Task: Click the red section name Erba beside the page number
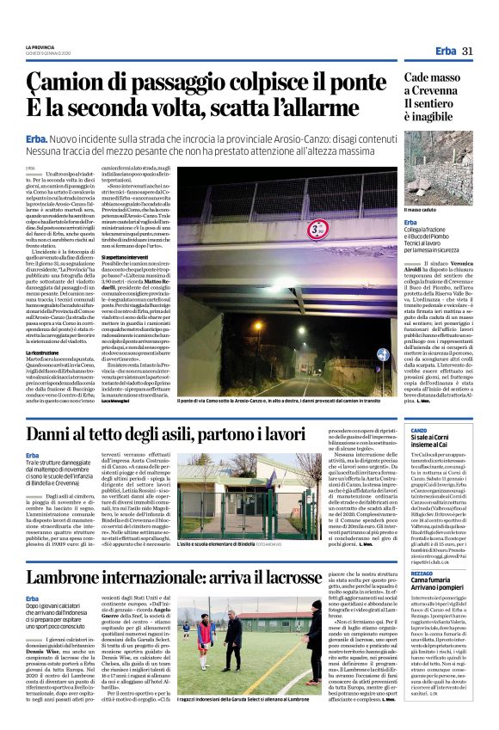coord(445,52)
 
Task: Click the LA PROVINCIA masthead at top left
coord(40,47)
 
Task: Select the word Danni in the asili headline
coord(53,435)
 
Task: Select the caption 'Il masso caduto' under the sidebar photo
coord(421,210)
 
